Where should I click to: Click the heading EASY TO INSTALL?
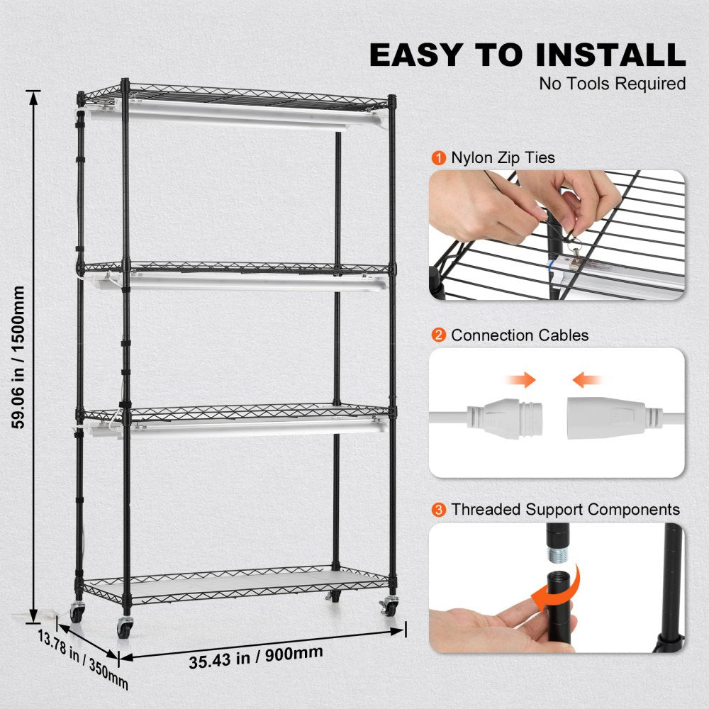pyautogui.click(x=527, y=55)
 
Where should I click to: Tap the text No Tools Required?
pyautogui.click(x=613, y=84)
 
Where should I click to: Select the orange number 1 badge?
pyautogui.click(x=439, y=157)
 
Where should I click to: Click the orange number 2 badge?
pyautogui.click(x=439, y=335)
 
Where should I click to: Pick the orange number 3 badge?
pyautogui.click(x=439, y=509)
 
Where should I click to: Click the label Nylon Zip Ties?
pyautogui.click(x=503, y=157)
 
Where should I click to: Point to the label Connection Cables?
pyautogui.click(x=520, y=335)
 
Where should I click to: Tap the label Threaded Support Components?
pyautogui.click(x=565, y=509)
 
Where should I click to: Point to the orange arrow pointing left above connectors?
pyautogui.click(x=588, y=381)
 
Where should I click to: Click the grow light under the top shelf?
pyautogui.click(x=234, y=114)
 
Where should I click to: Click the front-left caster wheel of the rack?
pyautogui.click(x=125, y=627)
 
